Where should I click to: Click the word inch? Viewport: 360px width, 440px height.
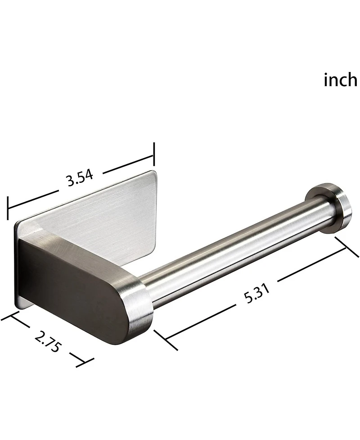pos(340,80)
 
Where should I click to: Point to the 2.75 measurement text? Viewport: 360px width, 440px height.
pos(47,341)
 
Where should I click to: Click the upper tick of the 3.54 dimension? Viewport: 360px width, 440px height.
pos(154,154)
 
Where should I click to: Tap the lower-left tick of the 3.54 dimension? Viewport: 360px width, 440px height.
pos(8,208)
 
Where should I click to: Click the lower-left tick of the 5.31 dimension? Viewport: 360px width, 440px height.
pos(166,340)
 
